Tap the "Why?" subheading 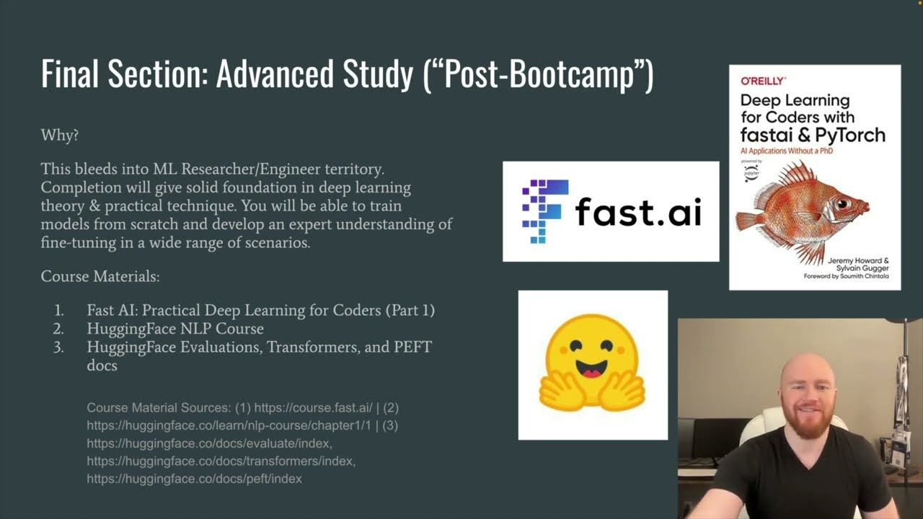point(60,135)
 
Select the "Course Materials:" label point(100,277)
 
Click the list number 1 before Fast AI point(59,311)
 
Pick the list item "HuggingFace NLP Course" point(175,329)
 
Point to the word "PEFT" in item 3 point(412,347)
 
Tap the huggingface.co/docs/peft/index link point(194,479)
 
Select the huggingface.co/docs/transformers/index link point(221,461)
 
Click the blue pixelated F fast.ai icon point(541,211)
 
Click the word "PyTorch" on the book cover point(850,134)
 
